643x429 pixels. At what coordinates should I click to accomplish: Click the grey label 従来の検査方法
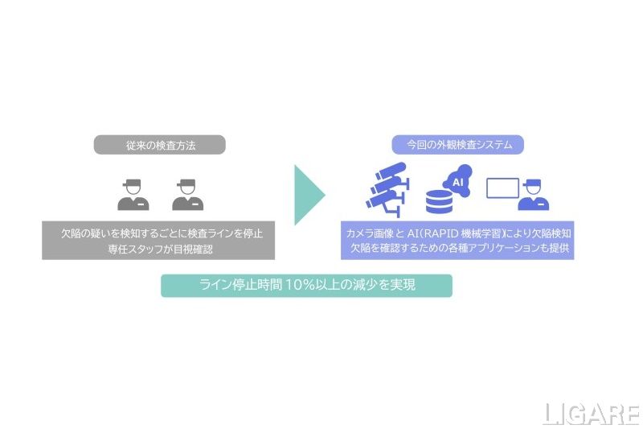point(160,145)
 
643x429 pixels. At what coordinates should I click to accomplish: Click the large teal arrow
point(308,196)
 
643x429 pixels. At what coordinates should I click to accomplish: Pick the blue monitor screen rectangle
point(503,188)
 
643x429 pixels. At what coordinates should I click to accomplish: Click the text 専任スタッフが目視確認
point(158,249)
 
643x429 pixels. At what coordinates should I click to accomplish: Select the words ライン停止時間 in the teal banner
point(240,286)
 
